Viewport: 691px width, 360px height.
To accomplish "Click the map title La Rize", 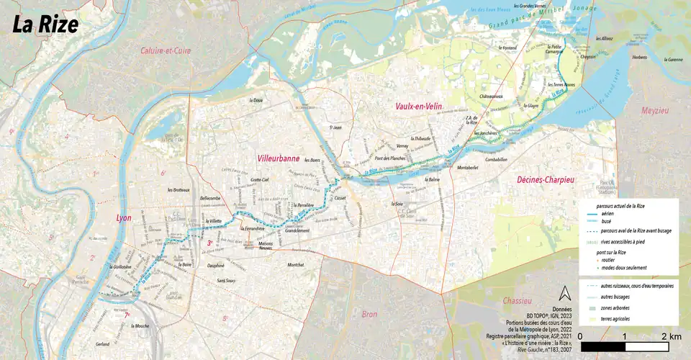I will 45,24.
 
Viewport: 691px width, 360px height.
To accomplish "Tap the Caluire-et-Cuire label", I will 166,50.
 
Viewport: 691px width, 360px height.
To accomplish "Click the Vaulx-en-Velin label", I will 419,106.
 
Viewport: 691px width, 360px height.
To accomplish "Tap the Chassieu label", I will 517,300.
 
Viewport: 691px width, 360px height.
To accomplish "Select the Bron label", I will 369,314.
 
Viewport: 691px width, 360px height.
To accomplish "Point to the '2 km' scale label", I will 671,336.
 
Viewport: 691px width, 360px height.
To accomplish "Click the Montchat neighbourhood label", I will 296,265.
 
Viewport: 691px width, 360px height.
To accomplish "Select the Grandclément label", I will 297,230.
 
